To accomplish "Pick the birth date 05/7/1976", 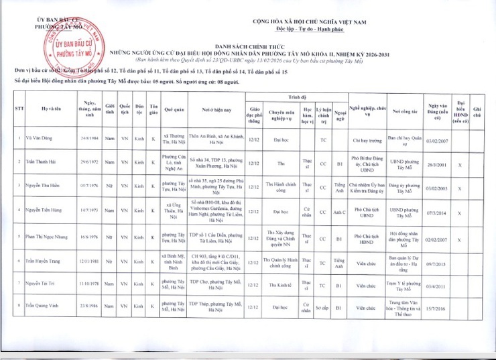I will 88,186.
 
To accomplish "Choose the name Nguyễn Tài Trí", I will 42,284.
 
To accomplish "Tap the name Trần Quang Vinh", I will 43,306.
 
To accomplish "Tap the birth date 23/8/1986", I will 89,306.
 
